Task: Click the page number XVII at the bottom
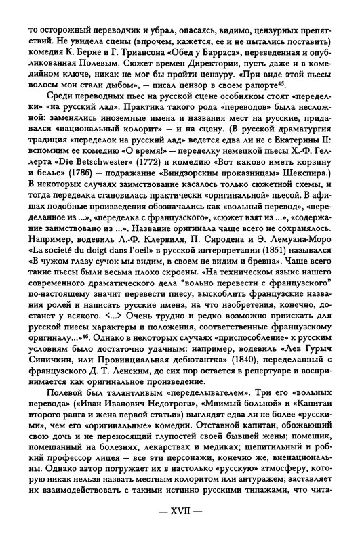click(180, 524)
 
